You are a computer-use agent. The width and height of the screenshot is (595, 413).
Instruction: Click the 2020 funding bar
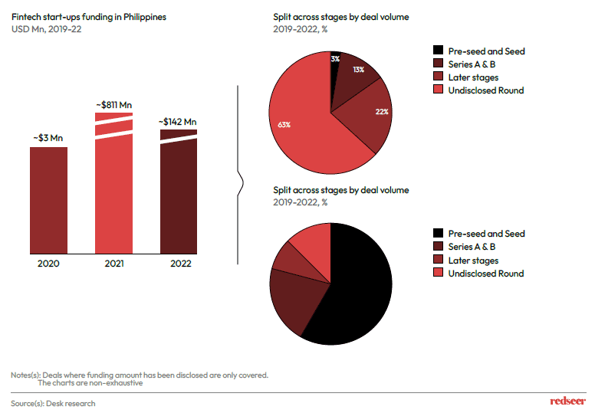[48, 199]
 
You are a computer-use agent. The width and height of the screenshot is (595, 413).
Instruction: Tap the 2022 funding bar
[178, 199]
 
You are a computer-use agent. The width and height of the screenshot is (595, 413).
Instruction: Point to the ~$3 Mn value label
[48, 137]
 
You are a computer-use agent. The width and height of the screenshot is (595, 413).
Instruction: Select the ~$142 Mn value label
[178, 121]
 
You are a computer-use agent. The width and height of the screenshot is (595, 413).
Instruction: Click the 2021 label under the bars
[113, 264]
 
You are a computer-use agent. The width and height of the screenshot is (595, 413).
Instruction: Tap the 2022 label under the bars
[178, 264]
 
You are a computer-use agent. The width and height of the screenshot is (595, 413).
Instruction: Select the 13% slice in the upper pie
[354, 73]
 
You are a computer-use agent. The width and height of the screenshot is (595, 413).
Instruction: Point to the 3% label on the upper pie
[335, 58]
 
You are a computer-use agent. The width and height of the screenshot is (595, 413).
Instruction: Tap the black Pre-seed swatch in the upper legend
[438, 51]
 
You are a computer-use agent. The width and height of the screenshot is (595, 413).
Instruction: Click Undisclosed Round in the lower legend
[485, 274]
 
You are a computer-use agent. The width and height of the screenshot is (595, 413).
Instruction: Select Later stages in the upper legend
[473, 77]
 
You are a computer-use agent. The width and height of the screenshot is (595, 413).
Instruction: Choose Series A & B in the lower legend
[472, 247]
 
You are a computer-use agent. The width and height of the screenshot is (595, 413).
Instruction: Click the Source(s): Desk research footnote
[53, 403]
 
